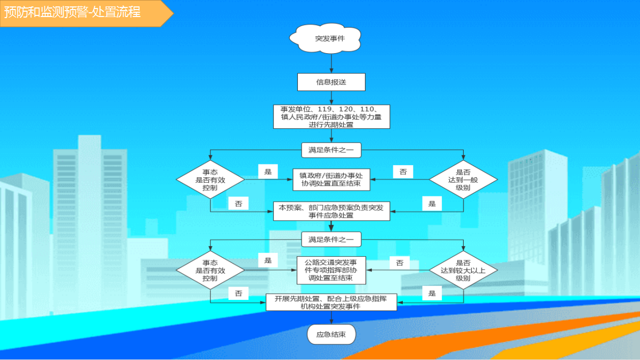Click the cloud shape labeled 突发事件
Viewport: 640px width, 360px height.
coord(326,38)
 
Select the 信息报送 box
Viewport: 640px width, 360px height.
coord(331,82)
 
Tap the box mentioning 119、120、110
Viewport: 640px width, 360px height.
coord(331,117)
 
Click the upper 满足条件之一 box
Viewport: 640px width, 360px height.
coord(331,150)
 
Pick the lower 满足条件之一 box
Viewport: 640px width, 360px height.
coord(331,240)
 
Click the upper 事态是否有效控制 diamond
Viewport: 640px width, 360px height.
coord(210,179)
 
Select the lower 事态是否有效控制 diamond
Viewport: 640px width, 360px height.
coord(210,270)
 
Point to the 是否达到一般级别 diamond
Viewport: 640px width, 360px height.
coord(463,179)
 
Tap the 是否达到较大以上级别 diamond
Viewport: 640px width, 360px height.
coord(463,270)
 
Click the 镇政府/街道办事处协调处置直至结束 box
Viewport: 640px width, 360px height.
coord(331,179)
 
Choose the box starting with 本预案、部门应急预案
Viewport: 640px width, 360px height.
coord(331,211)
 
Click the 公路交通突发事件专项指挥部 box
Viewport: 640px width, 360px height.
coord(331,270)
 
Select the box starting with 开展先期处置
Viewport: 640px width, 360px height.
coord(331,302)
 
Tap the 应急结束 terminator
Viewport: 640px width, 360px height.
coord(331,334)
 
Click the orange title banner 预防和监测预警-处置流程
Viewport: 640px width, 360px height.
coord(86,13)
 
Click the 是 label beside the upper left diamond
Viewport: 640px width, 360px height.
coord(268,171)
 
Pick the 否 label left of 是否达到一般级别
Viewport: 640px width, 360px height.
coord(403,172)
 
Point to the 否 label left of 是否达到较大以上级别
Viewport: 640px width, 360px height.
coord(400,263)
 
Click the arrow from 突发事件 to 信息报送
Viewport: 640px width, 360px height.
coord(331,63)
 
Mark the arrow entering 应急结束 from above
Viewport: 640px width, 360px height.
coord(331,317)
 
